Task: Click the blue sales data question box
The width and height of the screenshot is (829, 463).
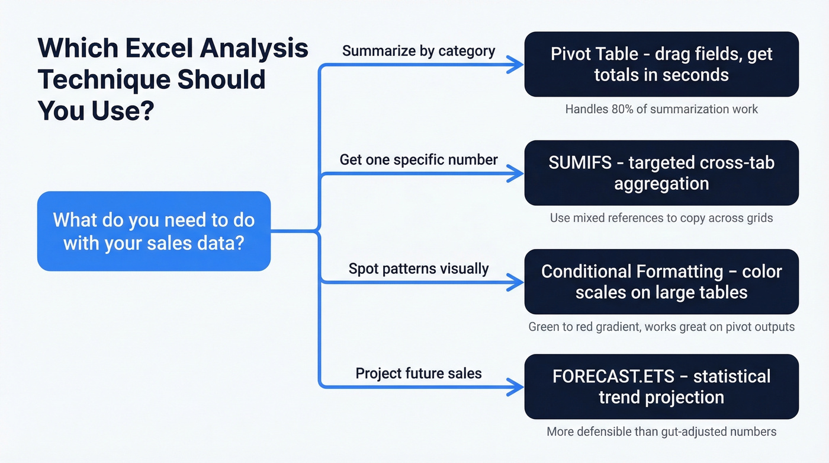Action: [154, 231]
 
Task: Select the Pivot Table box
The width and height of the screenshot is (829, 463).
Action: [661, 65]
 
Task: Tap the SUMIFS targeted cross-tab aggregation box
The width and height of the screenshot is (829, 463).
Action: [661, 173]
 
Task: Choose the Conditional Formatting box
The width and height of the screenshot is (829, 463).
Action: [661, 282]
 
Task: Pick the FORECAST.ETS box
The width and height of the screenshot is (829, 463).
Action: [661, 387]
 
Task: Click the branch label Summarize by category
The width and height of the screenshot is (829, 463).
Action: [419, 51]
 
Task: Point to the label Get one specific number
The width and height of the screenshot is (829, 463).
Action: [419, 159]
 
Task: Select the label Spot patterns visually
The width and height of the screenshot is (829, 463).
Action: [419, 269]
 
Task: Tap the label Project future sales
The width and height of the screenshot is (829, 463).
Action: [419, 373]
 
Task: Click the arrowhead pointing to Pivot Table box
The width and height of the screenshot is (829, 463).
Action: [516, 65]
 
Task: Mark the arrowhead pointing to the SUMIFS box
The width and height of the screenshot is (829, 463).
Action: [516, 174]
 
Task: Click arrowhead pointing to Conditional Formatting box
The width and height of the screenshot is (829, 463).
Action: [516, 282]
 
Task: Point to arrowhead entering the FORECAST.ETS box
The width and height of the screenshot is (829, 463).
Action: [516, 388]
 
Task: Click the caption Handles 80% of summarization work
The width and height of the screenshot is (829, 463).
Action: [661, 109]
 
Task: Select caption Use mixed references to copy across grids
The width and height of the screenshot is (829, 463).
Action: [661, 218]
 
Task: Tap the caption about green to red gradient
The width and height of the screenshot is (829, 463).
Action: [661, 327]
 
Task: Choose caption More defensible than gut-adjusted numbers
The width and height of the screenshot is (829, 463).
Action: [661, 432]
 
